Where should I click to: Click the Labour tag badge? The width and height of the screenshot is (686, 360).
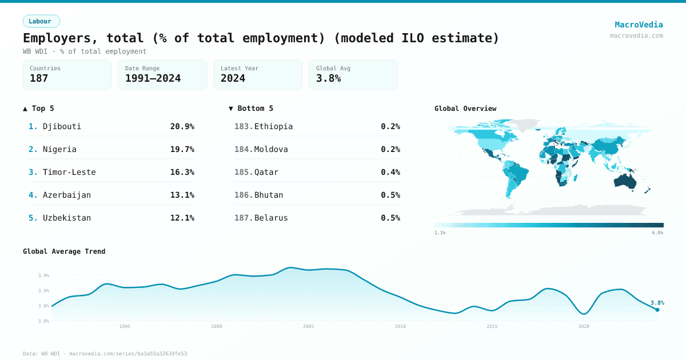point(41,21)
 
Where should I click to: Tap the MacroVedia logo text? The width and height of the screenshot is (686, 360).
point(639,25)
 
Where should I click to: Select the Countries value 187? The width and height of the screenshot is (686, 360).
point(39,78)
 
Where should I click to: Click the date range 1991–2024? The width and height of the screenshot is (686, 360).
point(153,78)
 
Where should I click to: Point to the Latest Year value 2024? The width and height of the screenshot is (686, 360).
point(233,78)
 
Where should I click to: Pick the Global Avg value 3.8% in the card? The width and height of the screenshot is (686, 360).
point(328,78)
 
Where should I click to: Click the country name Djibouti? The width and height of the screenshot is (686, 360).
point(62,126)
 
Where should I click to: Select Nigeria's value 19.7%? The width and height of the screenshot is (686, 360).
point(182,149)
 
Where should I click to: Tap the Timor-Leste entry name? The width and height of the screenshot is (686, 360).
point(69,172)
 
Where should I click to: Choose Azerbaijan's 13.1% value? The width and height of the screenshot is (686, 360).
point(182,195)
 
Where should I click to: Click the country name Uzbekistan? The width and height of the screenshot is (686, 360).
point(67,218)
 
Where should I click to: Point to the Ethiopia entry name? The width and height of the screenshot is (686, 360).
point(273,126)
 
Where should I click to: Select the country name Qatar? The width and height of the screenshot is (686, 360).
point(266,172)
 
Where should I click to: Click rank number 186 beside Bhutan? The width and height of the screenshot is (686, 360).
point(243,195)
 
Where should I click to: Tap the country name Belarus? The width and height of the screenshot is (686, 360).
point(271,218)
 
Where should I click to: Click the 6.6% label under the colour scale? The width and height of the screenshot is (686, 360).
point(657,233)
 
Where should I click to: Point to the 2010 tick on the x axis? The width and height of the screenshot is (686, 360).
point(400,326)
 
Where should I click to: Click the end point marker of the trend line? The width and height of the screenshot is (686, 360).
point(657,310)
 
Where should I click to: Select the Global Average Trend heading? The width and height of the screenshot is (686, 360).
point(64,251)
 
